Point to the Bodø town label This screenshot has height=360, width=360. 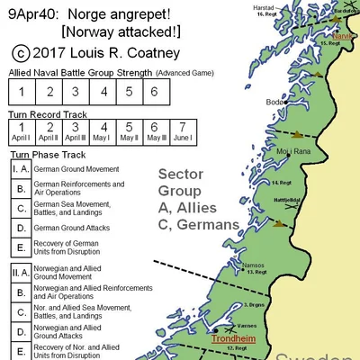coord(275,103)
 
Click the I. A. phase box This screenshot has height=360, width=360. coord(20,167)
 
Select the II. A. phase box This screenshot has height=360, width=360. coord(20,270)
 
